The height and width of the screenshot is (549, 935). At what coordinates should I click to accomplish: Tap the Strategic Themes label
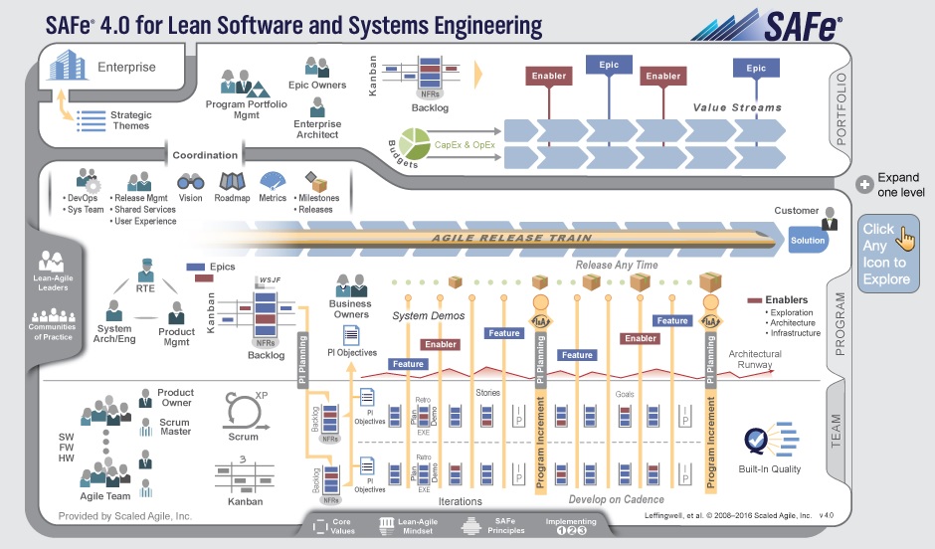[x=130, y=120]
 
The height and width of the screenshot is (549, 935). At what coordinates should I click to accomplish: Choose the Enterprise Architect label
[x=316, y=129]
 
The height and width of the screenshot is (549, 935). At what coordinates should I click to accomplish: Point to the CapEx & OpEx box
[x=465, y=146]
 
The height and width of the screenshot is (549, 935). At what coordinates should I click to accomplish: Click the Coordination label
[x=205, y=155]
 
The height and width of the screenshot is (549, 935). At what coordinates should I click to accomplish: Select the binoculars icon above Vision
[x=191, y=182]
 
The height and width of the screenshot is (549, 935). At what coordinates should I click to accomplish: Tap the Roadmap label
[x=232, y=198]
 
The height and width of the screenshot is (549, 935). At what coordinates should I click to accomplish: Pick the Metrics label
[x=273, y=198]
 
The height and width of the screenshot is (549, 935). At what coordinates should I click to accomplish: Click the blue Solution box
[x=808, y=242]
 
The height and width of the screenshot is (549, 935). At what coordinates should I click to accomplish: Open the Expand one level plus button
[x=864, y=185]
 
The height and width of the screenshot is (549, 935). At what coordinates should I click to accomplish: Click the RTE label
[x=146, y=289]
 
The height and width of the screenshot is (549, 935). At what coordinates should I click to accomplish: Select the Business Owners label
[x=350, y=309]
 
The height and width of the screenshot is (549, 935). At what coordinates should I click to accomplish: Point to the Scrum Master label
[x=175, y=428]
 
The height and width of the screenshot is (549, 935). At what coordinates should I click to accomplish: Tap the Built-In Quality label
[x=769, y=469]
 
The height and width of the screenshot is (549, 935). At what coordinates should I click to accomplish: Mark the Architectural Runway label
[x=755, y=359]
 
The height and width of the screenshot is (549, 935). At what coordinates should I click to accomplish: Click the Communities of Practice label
[x=51, y=331]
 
